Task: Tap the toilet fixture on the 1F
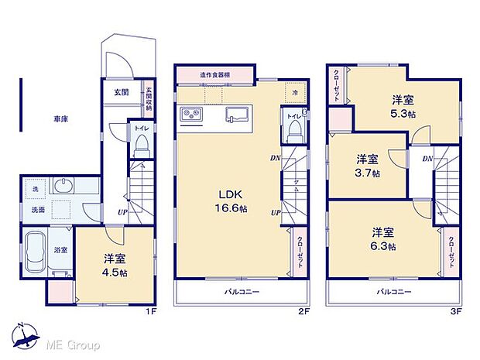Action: pyautogui.click(x=141, y=144)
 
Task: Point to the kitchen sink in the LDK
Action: pyautogui.click(x=236, y=116)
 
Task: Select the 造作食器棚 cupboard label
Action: pyautogui.click(x=214, y=74)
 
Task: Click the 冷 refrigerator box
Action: pyautogui.click(x=294, y=92)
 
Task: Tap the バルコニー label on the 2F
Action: pyautogui.click(x=242, y=292)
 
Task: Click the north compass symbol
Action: pyautogui.click(x=28, y=334)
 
